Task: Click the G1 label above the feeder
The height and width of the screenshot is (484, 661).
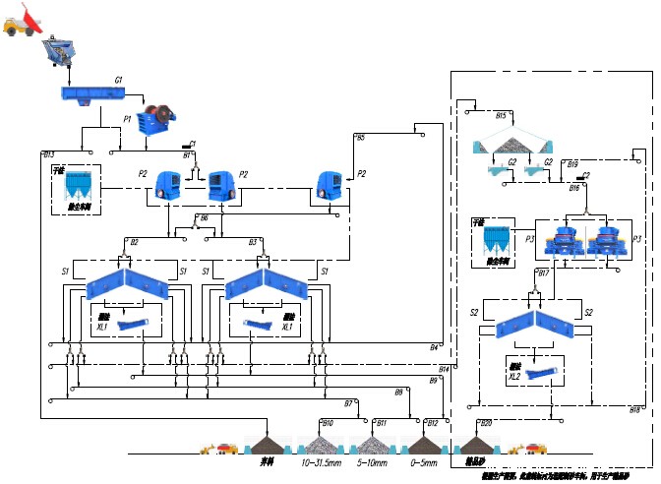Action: click(118, 79)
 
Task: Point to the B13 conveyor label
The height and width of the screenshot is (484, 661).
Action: click(49, 155)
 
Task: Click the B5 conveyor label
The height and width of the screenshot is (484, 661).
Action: click(360, 138)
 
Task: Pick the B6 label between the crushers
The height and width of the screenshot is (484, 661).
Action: click(205, 217)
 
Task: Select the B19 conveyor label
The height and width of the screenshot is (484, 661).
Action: click(572, 164)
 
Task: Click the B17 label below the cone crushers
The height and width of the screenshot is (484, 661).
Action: click(543, 272)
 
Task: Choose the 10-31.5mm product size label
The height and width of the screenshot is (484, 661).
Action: click(321, 461)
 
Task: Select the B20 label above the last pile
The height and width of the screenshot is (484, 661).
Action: click(485, 423)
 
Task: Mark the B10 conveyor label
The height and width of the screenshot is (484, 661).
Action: click(328, 423)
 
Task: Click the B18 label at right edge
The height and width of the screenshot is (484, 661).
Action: click(635, 409)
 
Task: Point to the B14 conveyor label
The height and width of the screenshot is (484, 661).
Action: click(444, 369)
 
